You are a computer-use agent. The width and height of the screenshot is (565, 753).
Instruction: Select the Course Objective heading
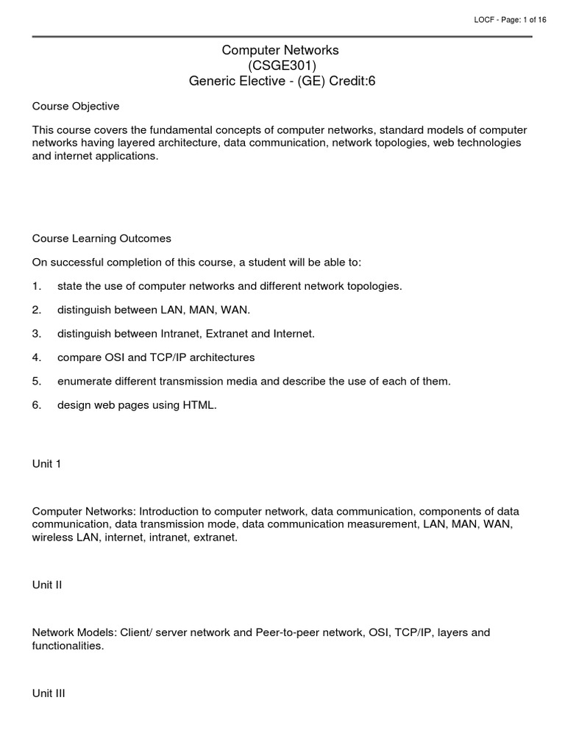pyautogui.click(x=76, y=106)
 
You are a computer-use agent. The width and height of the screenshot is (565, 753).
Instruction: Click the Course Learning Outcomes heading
pyautogui.click(x=102, y=238)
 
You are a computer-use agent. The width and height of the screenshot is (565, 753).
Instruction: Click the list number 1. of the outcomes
pyautogui.click(x=37, y=286)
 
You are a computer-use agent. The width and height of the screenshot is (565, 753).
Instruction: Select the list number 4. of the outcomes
pyautogui.click(x=37, y=357)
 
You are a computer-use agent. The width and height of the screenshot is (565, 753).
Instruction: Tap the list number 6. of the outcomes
pyautogui.click(x=37, y=405)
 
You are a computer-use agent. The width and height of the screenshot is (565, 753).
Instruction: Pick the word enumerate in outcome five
pyautogui.click(x=84, y=381)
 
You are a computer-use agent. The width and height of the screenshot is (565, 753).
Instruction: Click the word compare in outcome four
pyautogui.click(x=78, y=357)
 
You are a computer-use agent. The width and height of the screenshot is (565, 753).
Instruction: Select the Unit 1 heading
pyautogui.click(x=47, y=464)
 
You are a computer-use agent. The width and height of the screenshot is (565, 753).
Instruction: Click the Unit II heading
pyautogui.click(x=48, y=585)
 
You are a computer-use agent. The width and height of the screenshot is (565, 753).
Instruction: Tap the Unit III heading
pyautogui.click(x=49, y=693)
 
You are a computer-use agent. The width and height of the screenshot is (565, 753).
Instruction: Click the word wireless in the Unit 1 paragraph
pyautogui.click(x=52, y=538)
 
